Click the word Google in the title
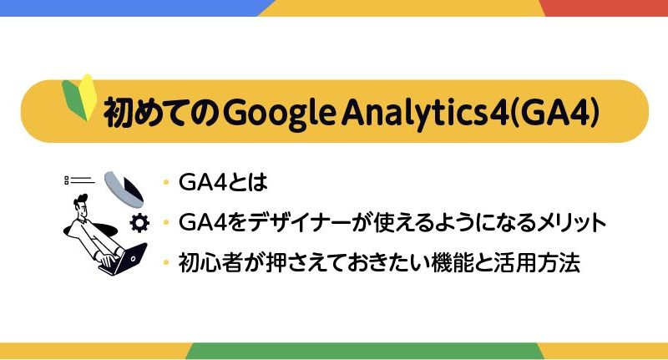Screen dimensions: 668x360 pyautogui.click(x=279, y=113)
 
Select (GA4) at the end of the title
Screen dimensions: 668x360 pyautogui.click(x=554, y=113)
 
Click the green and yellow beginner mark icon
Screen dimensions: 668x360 pyautogui.click(x=79, y=98)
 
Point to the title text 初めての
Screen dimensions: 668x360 pyautogui.click(x=161, y=113)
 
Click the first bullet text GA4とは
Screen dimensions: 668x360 pyautogui.click(x=223, y=182)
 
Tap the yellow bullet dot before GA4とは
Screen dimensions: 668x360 pyautogui.click(x=166, y=183)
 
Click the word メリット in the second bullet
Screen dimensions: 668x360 pyautogui.click(x=571, y=222)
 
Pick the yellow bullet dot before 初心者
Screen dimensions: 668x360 pyautogui.click(x=166, y=262)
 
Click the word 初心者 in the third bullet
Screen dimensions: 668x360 pyautogui.click(x=210, y=262)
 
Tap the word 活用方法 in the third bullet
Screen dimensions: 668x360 pyautogui.click(x=537, y=262)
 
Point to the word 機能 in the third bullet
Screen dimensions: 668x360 pyautogui.click(x=452, y=262)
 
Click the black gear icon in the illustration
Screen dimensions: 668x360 pyautogui.click(x=139, y=223)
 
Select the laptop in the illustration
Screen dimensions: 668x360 pyautogui.click(x=124, y=259)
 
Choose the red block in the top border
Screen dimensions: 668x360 pyautogui.click(x=605, y=8)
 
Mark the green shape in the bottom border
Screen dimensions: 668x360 pyautogui.click(x=365, y=351)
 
